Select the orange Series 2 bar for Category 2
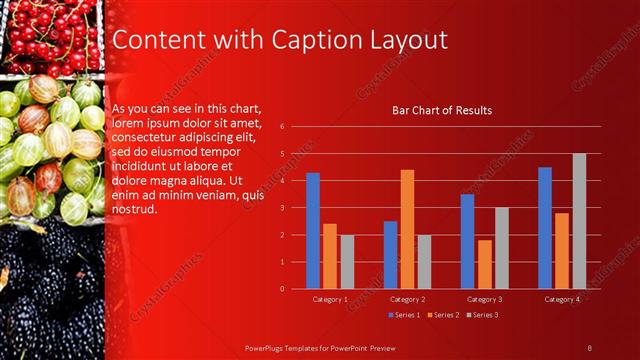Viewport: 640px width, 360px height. (407, 229)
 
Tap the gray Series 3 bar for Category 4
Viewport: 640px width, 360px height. (579, 221)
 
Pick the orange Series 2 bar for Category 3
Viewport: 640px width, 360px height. (484, 264)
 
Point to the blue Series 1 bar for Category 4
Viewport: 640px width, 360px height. (544, 228)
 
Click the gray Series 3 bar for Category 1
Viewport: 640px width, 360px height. (347, 262)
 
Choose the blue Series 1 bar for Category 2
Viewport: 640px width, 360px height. (390, 255)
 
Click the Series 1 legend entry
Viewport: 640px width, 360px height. (404, 315)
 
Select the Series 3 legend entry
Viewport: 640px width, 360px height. (482, 315)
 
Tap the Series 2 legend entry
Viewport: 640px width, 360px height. (443, 315)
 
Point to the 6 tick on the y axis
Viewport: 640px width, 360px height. (283, 127)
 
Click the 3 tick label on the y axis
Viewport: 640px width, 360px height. (283, 208)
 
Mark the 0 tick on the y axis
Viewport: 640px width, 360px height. (283, 289)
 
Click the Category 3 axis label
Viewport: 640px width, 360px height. (484, 299)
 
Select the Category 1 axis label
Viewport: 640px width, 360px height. (330, 299)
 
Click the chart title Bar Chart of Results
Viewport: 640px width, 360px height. (441, 110)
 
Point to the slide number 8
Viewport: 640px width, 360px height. (590, 346)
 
